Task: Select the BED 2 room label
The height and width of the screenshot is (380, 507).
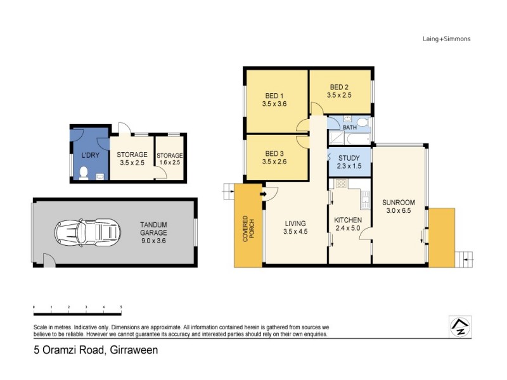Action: coord(339,87)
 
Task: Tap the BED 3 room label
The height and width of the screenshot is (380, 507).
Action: coord(274,153)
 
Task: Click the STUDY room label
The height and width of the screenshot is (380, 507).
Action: coord(349,158)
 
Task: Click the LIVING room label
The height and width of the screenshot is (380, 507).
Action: coord(295,224)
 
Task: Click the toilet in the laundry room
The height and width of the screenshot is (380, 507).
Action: coord(84,172)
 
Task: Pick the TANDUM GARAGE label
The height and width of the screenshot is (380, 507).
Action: coord(154,228)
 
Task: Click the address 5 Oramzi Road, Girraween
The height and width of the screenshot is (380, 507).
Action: coord(96,349)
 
